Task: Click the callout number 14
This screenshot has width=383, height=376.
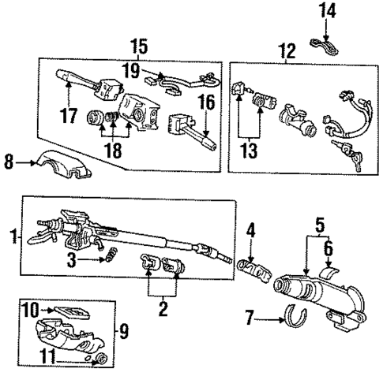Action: (327, 10)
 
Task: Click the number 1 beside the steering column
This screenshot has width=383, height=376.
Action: (10, 234)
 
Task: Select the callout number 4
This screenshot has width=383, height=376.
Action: (250, 231)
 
